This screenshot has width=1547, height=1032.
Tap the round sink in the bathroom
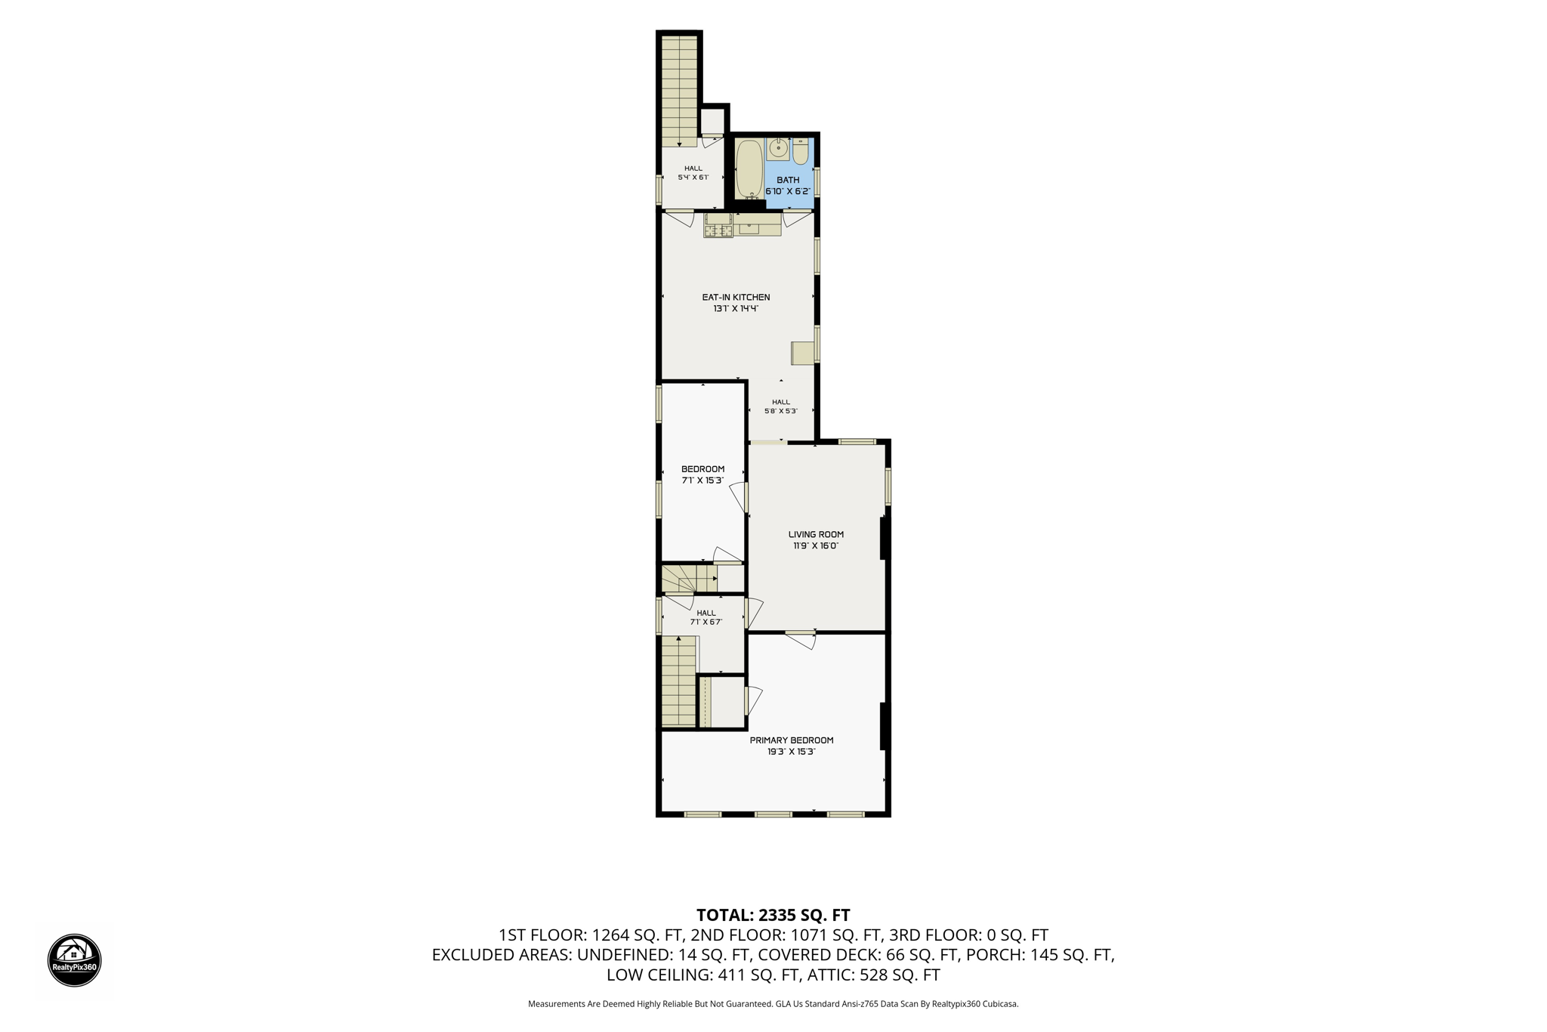[778, 150]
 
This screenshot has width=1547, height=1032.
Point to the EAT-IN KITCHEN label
[736, 297]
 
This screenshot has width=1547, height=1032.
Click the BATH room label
[788, 180]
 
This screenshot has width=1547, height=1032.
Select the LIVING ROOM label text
[816, 534]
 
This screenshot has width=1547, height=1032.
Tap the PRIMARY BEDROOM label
[792, 740]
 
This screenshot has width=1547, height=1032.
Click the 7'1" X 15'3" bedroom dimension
[702, 480]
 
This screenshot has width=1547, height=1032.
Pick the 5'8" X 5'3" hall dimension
[781, 411]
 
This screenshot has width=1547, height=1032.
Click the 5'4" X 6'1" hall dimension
[693, 178]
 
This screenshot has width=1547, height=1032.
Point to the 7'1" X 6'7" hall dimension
[706, 622]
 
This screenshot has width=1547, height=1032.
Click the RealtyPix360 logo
[75, 960]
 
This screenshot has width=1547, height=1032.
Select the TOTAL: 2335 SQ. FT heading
[773, 915]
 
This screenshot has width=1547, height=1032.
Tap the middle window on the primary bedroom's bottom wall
[773, 814]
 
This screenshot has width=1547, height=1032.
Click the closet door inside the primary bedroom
[753, 700]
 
